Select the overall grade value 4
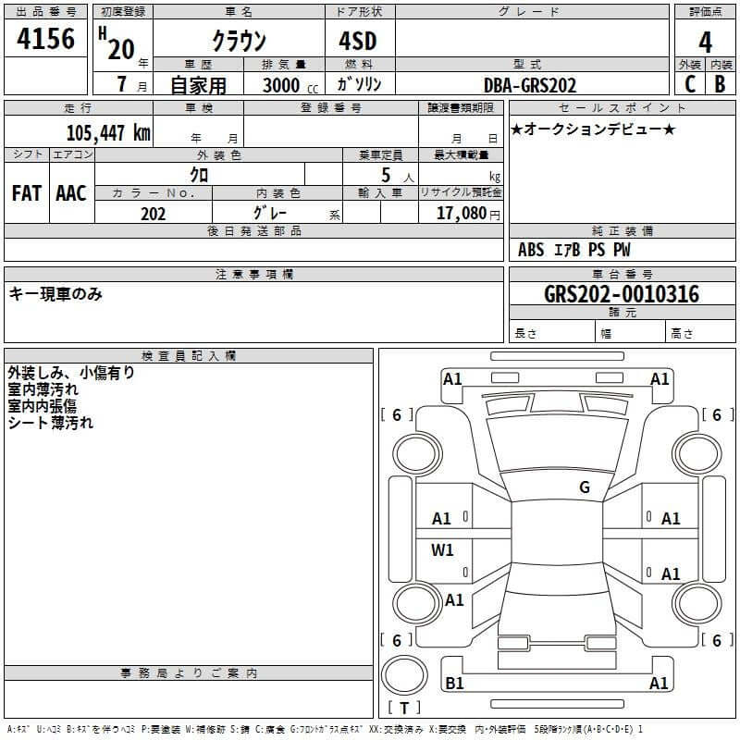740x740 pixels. [x=705, y=42]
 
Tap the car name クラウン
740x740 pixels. [x=239, y=41]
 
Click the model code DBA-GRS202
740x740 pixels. [x=530, y=85]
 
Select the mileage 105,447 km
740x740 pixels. [x=108, y=132]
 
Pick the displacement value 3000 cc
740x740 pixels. [x=290, y=85]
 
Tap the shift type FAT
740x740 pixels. [x=26, y=192]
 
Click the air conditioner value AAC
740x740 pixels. [x=71, y=192]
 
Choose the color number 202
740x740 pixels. [x=153, y=214]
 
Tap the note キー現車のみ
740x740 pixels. [x=55, y=294]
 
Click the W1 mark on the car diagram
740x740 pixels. [x=442, y=550]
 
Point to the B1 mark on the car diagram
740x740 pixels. [x=454, y=684]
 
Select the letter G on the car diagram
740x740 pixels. [x=584, y=487]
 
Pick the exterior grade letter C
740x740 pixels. [x=689, y=84]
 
